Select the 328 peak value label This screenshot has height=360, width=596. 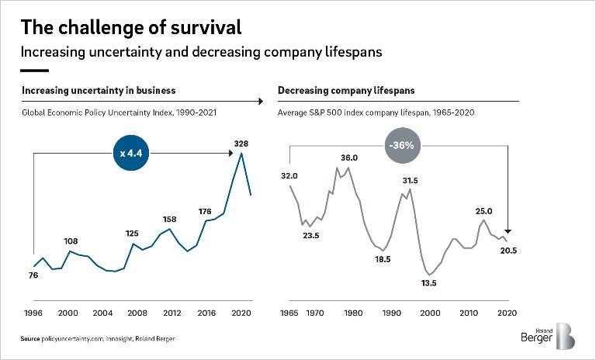click(241, 143)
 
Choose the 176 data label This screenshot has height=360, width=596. click(206, 211)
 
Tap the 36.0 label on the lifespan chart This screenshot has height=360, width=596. click(349, 157)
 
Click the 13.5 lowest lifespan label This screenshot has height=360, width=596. click(428, 283)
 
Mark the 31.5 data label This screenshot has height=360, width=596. click(411, 181)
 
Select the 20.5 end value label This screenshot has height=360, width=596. click(509, 250)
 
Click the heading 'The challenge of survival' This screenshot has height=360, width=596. click(131, 27)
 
